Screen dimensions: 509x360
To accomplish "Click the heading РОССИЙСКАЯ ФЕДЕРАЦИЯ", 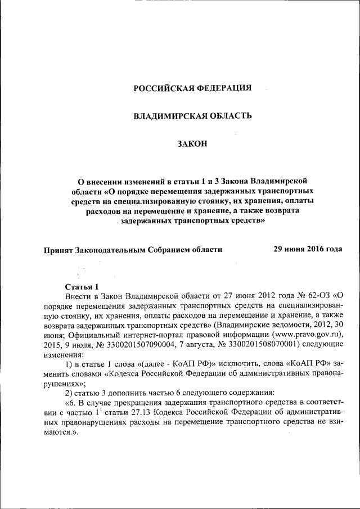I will [192, 88].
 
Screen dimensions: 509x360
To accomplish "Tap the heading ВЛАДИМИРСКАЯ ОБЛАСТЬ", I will [192, 116].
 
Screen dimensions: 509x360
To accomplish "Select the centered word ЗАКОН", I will [192, 144].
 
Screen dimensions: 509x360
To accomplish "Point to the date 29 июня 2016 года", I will [308, 249].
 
